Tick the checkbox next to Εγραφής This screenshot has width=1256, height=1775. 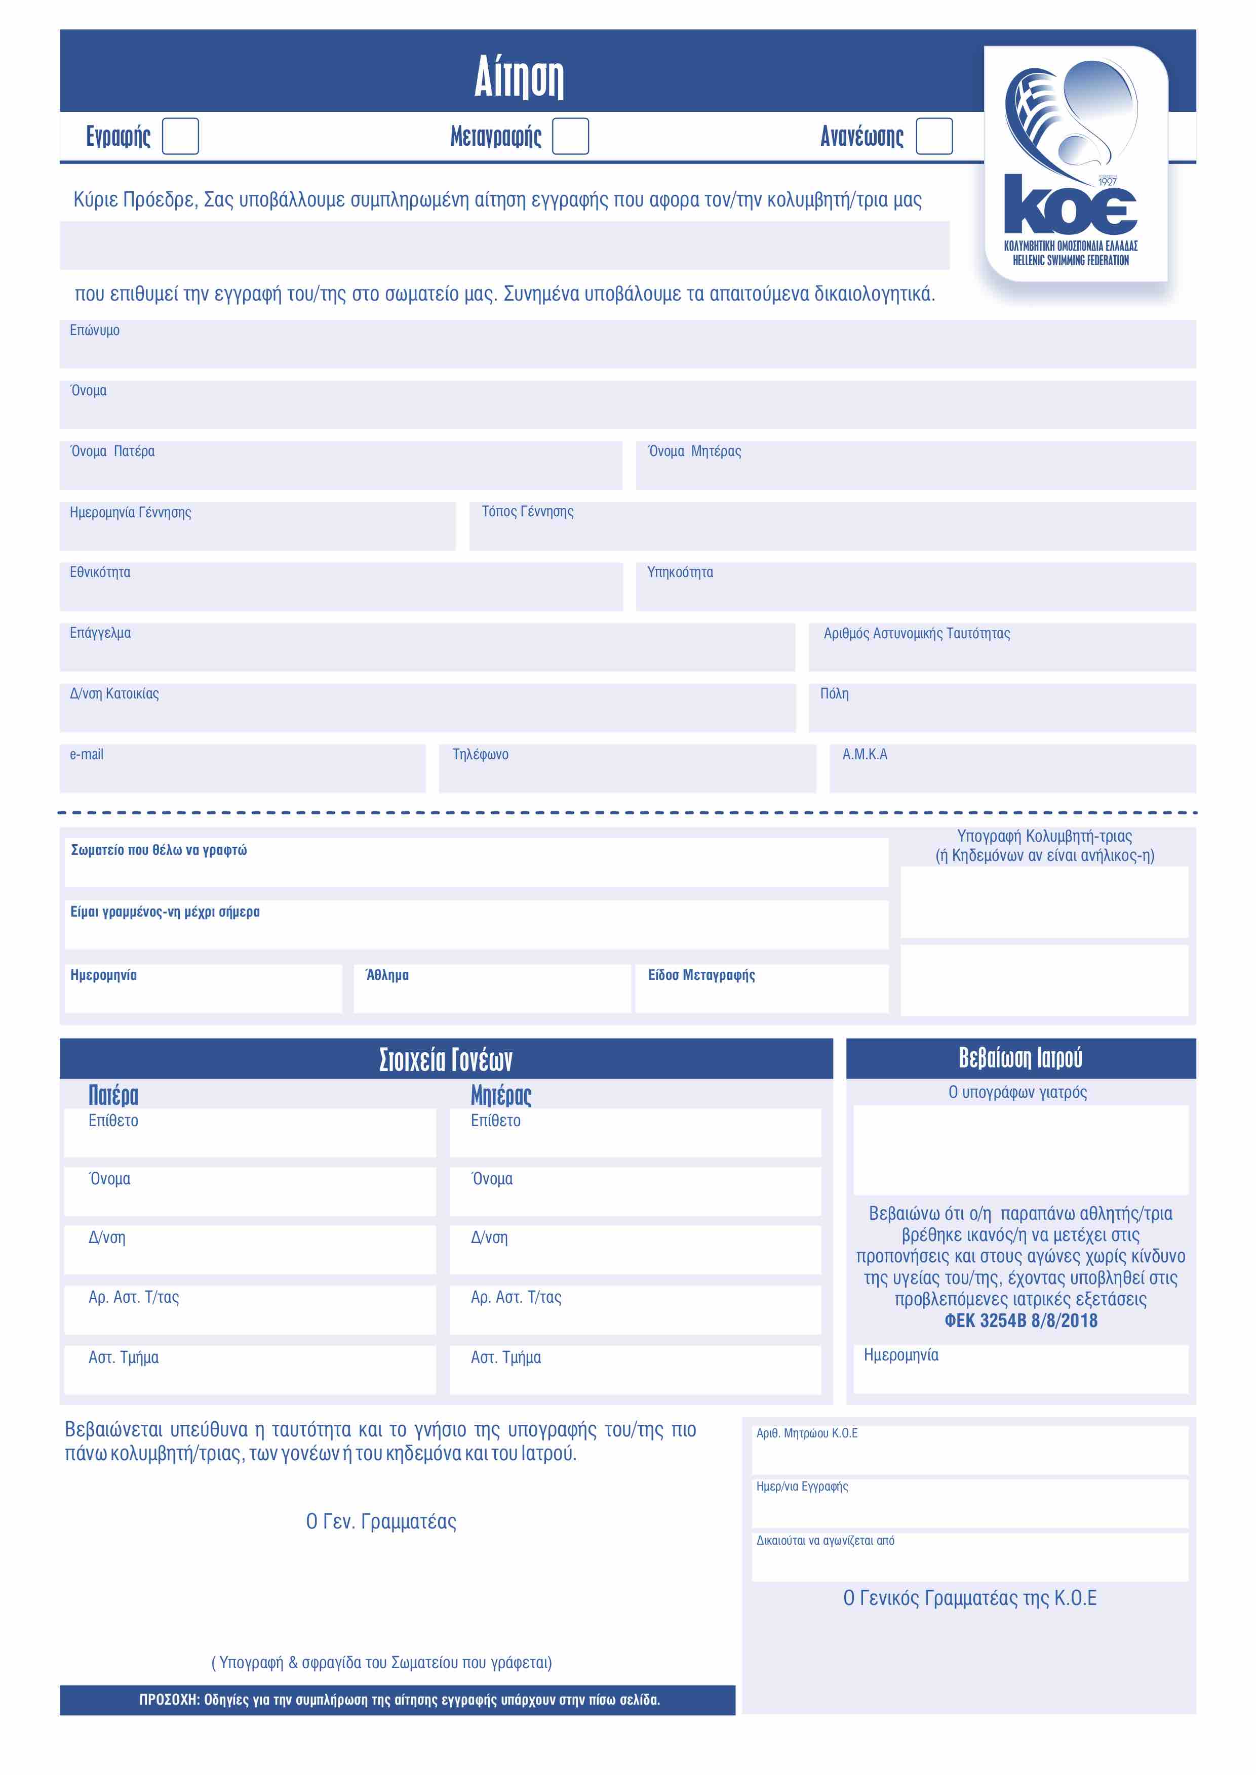[x=180, y=136]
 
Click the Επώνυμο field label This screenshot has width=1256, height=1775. [x=94, y=330]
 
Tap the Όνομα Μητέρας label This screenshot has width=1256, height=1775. [x=694, y=451]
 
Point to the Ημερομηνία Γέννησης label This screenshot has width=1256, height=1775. [x=130, y=512]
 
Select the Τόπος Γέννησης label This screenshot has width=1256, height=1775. [x=527, y=512]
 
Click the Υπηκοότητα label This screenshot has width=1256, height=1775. [x=680, y=572]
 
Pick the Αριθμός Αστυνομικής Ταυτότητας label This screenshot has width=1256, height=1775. [x=917, y=633]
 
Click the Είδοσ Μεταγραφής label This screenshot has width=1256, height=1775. [x=701, y=975]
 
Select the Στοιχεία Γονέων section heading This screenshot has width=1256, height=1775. [x=446, y=1059]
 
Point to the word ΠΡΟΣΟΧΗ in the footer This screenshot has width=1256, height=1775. [x=169, y=1700]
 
